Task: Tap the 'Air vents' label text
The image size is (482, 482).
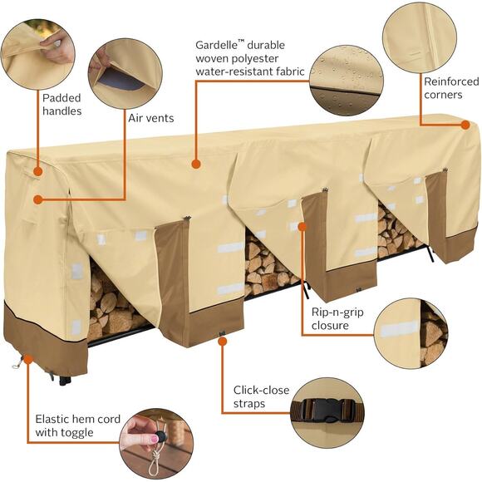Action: [150, 118]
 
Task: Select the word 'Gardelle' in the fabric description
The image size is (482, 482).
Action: [213, 44]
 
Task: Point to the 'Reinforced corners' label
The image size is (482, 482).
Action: [451, 88]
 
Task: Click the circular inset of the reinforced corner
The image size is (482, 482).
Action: [419, 37]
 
